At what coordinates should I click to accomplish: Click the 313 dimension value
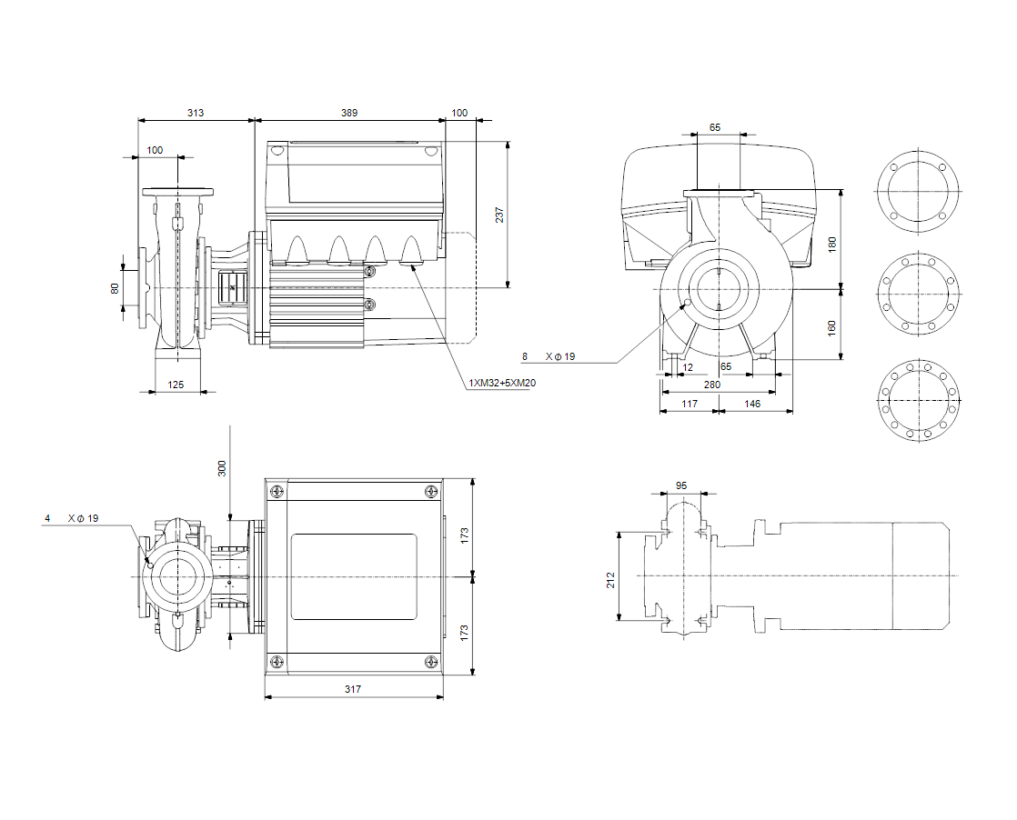pos(196,113)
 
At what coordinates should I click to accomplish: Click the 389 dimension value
pos(349,113)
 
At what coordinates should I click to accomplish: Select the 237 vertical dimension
pos(499,215)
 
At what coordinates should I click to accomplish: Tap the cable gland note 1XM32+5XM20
pos(502,383)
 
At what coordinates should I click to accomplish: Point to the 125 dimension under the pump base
pos(176,385)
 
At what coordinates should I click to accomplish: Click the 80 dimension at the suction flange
pos(115,288)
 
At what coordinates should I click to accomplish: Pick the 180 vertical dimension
pos(832,243)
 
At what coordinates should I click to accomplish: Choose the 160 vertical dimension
pos(832,326)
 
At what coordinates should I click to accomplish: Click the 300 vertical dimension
pos(222,467)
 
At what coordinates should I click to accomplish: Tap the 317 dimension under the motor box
pos(353,689)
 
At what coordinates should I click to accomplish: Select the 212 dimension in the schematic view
pos(611,579)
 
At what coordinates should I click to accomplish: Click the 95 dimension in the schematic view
pos(682,485)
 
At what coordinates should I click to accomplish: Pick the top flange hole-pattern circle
pos(917,193)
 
